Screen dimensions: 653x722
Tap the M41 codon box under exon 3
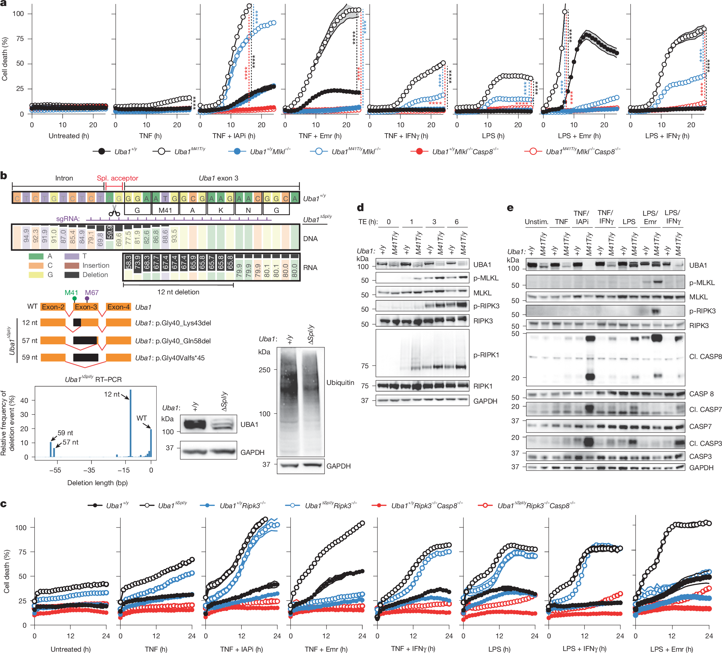click(165, 210)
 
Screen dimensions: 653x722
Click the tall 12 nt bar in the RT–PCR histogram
click(130, 423)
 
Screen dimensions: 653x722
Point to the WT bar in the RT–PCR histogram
click(151, 443)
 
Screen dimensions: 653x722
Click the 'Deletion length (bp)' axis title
click(97, 483)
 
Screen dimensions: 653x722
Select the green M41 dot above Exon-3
click(74, 299)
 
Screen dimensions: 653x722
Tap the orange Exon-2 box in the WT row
click(53, 307)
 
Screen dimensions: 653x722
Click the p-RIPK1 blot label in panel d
click(486, 355)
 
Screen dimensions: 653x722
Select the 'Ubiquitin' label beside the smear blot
click(340, 382)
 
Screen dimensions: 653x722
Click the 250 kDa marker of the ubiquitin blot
click(264, 370)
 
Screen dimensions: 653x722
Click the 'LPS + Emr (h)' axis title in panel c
click(671, 649)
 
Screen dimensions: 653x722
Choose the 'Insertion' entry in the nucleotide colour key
click(96, 265)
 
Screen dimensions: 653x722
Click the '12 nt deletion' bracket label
click(178, 292)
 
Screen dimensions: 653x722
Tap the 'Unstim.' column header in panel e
click(536, 221)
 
